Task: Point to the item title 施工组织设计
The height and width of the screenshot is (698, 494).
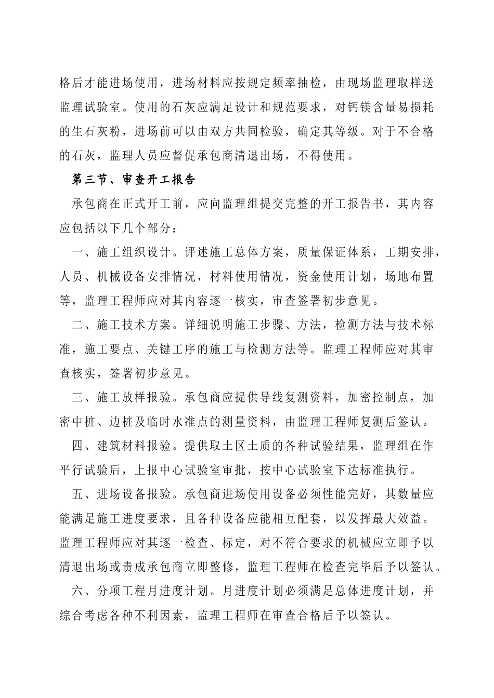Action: (134, 253)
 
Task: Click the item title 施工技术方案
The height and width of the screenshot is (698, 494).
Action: (134, 326)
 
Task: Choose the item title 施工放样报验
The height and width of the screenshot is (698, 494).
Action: (134, 398)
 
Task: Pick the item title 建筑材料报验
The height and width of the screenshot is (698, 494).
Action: (134, 446)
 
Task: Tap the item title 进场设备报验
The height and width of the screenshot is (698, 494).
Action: (134, 494)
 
